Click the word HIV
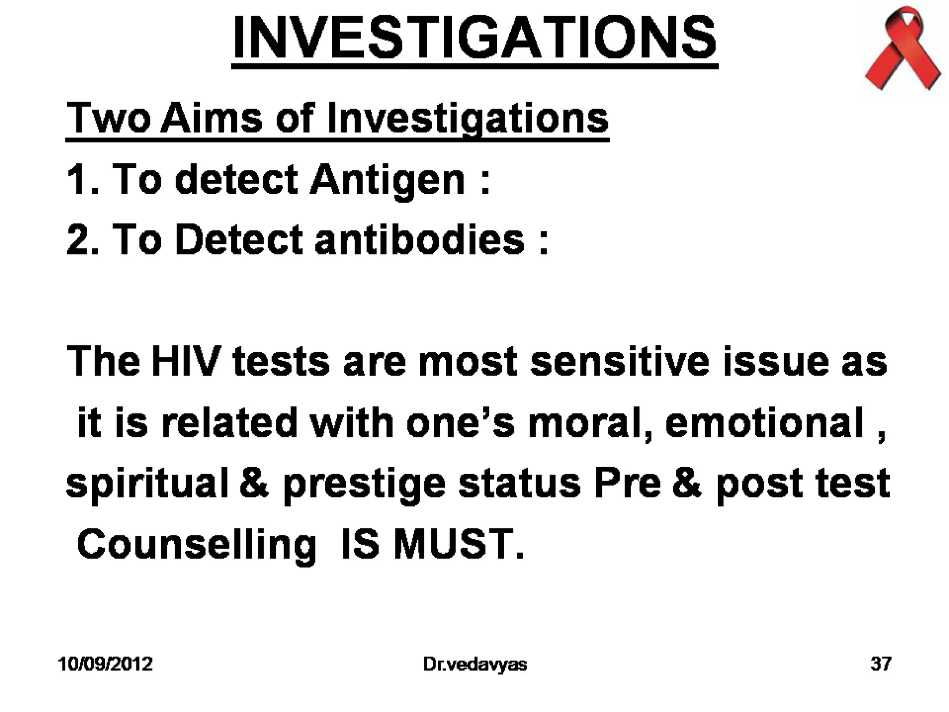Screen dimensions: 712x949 (184, 361)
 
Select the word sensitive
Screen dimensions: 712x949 (619, 361)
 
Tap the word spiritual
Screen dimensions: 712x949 (147, 484)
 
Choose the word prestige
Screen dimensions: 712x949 (364, 484)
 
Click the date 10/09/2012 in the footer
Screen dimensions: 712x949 (105, 664)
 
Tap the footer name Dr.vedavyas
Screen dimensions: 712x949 (474, 664)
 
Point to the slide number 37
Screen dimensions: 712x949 (880, 664)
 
